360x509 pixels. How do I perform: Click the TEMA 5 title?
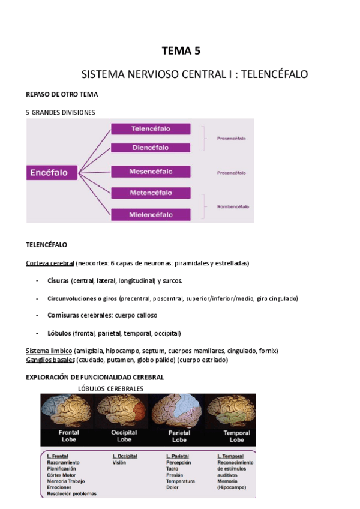point(181,51)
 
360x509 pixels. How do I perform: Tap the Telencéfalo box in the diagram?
point(151,129)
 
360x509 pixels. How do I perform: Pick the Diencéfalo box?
point(151,148)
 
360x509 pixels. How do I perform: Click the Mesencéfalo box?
point(151,172)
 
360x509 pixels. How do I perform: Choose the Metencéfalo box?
point(151,193)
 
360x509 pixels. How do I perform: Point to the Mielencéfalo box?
point(151,214)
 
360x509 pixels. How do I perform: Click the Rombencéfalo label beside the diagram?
point(233,206)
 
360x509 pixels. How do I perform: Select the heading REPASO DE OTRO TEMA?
point(62,95)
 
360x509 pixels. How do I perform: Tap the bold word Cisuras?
point(58,280)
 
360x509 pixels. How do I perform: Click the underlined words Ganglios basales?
point(50,360)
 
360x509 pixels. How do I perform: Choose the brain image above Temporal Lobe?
point(232,411)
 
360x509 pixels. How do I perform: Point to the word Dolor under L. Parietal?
point(173,487)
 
